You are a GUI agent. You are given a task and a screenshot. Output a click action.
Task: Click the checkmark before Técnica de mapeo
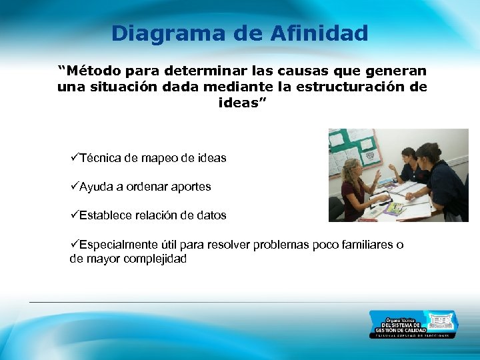(74, 158)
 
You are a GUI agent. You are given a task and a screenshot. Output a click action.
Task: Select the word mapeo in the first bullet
(163, 159)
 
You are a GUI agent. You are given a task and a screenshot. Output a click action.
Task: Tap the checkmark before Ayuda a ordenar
(74, 187)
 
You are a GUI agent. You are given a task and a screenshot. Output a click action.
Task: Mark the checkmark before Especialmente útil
(74, 245)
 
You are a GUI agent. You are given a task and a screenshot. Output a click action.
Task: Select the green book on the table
(395, 207)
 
